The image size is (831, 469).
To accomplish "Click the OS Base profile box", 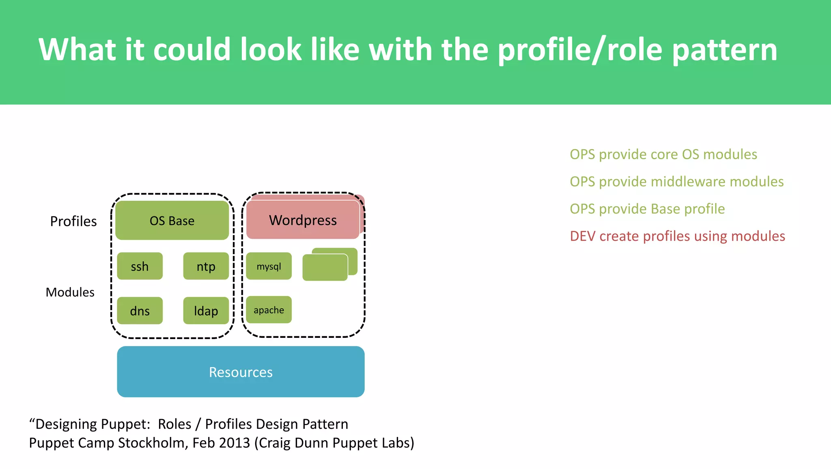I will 172,220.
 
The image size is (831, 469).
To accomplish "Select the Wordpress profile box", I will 303,220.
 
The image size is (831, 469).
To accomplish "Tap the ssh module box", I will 140,266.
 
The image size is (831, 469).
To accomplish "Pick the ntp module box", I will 206,266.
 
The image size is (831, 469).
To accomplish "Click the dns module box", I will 140,311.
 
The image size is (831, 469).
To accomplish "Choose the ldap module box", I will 206,311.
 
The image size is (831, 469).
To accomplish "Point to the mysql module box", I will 269,266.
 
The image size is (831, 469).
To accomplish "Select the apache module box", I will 269,310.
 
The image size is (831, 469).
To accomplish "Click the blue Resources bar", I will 241,372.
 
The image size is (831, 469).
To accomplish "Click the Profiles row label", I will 73,221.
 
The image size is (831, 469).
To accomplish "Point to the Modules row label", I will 70,292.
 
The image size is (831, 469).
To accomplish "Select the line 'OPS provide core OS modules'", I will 663,154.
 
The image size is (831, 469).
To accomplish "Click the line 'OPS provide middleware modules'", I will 676,182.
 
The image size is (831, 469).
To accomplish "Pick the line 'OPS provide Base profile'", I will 647,209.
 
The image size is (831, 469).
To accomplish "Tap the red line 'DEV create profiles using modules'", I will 677,236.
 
